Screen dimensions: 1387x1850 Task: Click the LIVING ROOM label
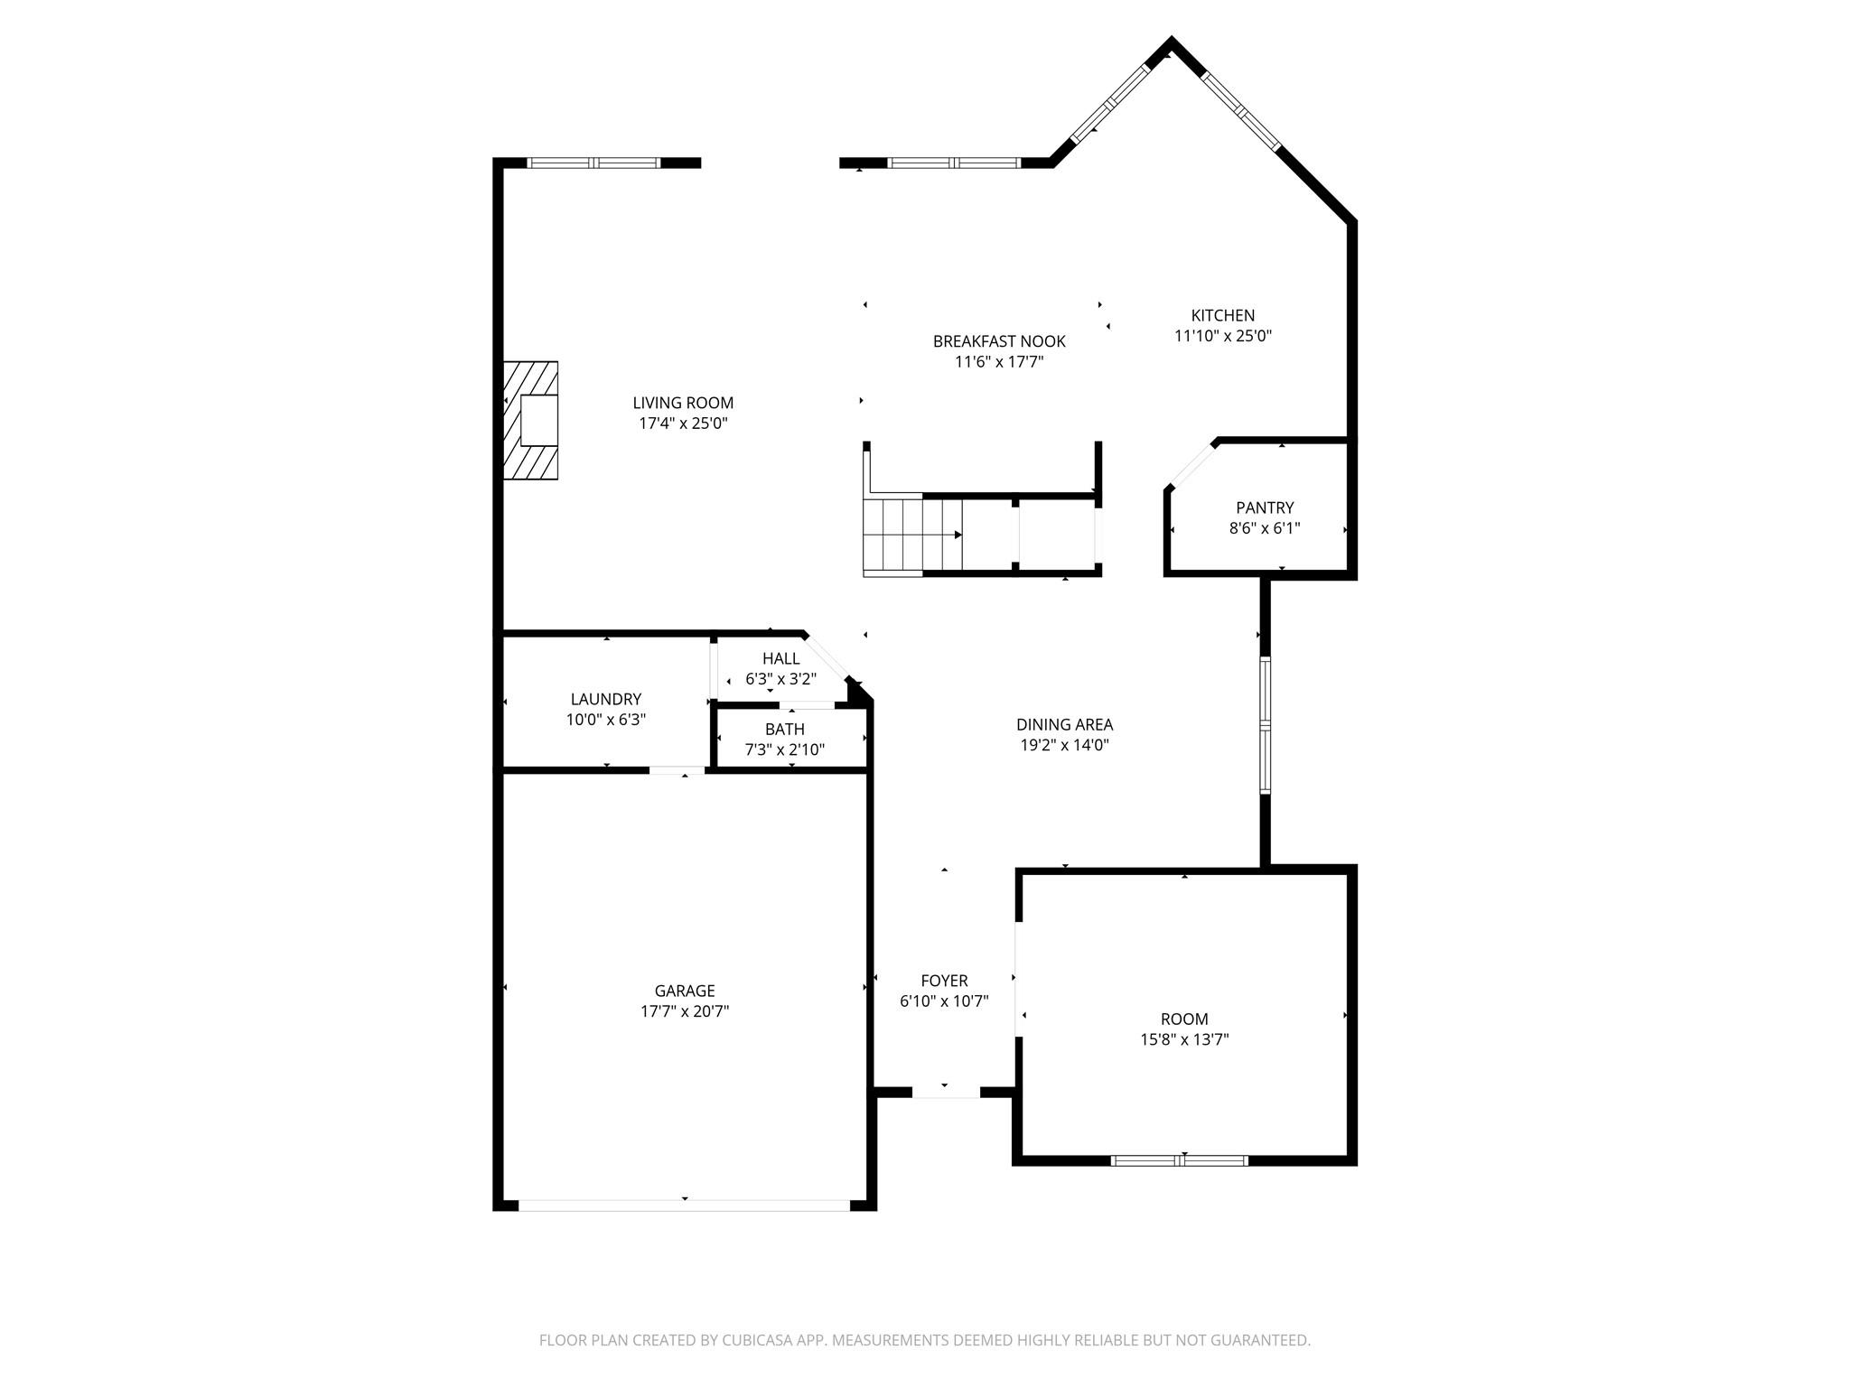pos(682,403)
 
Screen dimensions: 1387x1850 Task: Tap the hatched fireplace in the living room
pos(531,420)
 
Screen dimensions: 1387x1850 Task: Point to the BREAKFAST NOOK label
pos(998,341)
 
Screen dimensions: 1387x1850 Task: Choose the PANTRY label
pos(1264,507)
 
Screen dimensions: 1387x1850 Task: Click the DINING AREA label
pos(1063,724)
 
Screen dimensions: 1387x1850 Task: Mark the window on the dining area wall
pos(1265,724)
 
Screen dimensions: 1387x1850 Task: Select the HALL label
pos(780,658)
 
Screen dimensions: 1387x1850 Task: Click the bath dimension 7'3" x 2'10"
pos(784,749)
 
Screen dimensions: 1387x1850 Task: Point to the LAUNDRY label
pos(605,699)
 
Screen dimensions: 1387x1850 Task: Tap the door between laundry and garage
pos(677,770)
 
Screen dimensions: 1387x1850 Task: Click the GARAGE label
pos(684,991)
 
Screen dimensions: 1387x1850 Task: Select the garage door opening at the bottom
pos(684,1205)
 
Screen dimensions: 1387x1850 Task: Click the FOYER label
pos(944,981)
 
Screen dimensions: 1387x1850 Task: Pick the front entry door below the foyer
pos(945,1093)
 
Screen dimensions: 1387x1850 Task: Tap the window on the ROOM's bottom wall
pos(1179,1160)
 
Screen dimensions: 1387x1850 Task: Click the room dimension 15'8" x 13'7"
pos(1183,1039)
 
